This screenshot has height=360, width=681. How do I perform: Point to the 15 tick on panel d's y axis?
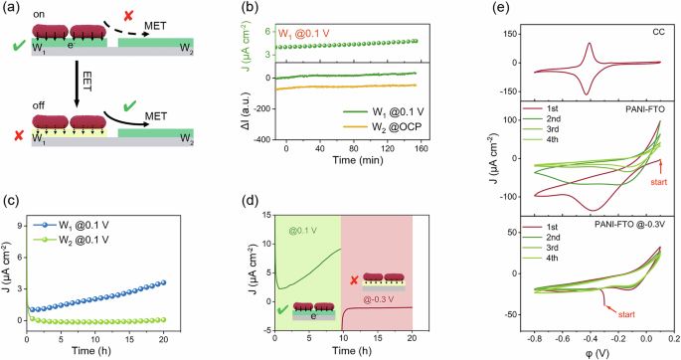pos(262,214)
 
